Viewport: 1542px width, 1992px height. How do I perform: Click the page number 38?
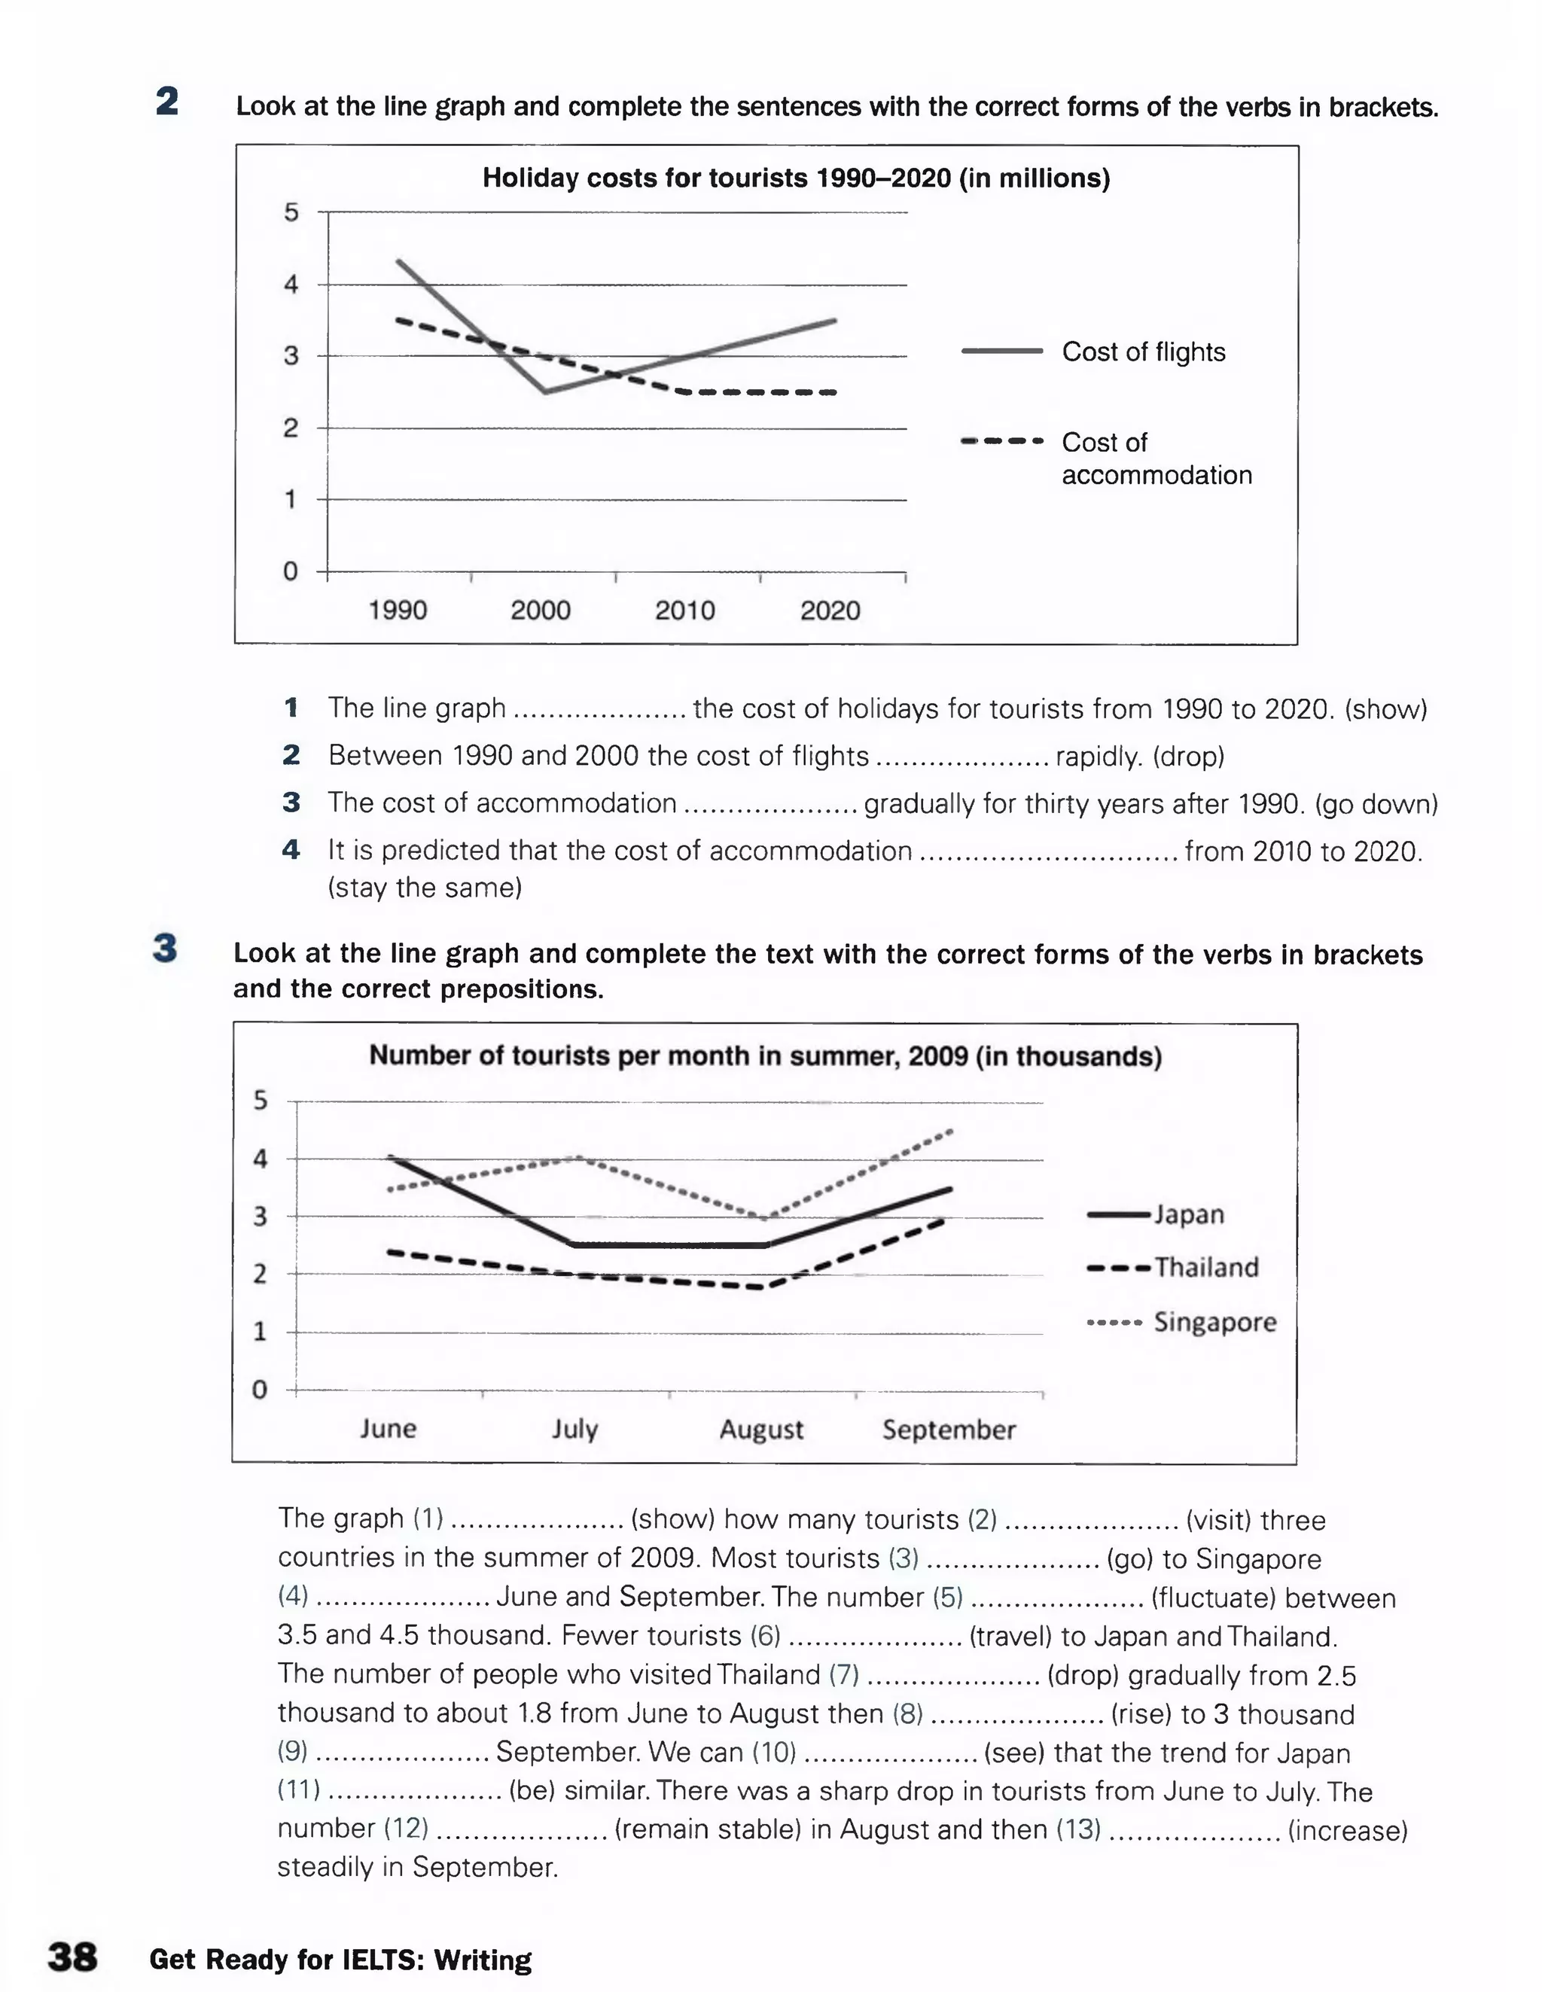tap(72, 1957)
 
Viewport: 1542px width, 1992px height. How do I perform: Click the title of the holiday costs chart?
tap(796, 178)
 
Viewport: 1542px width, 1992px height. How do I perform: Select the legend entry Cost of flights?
tap(1142, 352)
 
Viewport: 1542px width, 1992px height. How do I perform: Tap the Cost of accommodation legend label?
tap(1155, 458)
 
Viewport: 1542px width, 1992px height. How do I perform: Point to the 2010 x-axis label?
tap(684, 611)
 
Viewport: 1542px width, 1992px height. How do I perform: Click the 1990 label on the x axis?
tap(397, 611)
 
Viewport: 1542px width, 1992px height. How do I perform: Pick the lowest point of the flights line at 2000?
tap(544, 392)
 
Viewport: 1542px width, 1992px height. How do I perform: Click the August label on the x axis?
tap(761, 1429)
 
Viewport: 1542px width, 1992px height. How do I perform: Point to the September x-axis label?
tap(948, 1429)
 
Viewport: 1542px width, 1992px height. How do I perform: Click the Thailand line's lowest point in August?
tap(761, 1287)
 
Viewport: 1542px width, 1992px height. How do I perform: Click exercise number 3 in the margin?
tap(165, 949)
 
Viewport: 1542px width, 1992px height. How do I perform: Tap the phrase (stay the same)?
tap(425, 888)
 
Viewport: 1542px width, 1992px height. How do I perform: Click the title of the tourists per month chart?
tap(765, 1056)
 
